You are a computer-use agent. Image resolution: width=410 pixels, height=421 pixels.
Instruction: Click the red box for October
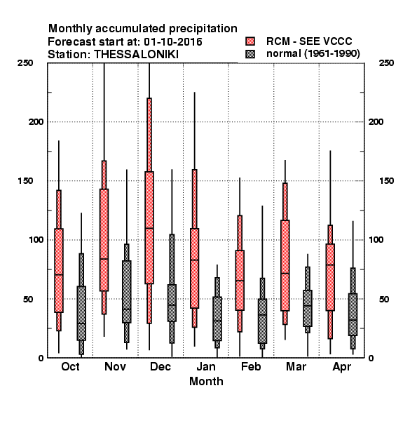point(59,270)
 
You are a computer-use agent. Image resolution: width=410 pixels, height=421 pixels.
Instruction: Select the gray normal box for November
point(127,292)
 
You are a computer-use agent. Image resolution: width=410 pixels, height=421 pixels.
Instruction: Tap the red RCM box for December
point(149,227)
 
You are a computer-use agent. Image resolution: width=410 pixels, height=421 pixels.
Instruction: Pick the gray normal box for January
point(217,319)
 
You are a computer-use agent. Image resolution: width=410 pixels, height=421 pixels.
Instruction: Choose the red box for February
point(240,280)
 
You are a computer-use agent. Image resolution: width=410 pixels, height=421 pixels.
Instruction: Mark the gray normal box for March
point(308,308)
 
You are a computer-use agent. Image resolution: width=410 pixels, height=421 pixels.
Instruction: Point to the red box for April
point(330,277)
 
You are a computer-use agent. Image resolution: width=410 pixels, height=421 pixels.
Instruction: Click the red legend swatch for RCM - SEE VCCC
point(250,41)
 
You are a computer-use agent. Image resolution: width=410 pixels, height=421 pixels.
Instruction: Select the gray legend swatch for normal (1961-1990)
point(250,54)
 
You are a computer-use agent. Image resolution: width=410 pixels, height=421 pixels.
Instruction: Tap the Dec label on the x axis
point(160,366)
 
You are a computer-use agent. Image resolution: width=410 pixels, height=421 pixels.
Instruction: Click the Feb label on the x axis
point(251,366)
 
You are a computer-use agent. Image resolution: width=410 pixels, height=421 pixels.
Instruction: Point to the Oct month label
point(70,366)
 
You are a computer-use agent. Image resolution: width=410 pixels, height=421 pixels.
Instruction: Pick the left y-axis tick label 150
point(25,181)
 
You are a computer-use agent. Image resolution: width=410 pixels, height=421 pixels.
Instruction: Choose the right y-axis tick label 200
point(376,122)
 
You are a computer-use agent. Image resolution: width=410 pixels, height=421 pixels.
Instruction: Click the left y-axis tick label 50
point(28,299)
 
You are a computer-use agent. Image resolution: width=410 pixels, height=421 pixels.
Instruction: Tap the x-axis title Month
point(206,382)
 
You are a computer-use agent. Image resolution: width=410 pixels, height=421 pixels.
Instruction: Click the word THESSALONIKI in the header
point(136,55)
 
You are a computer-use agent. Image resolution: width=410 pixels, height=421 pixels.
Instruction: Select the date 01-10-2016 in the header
point(173,42)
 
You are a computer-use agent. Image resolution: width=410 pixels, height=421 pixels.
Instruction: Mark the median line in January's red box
point(194,260)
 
